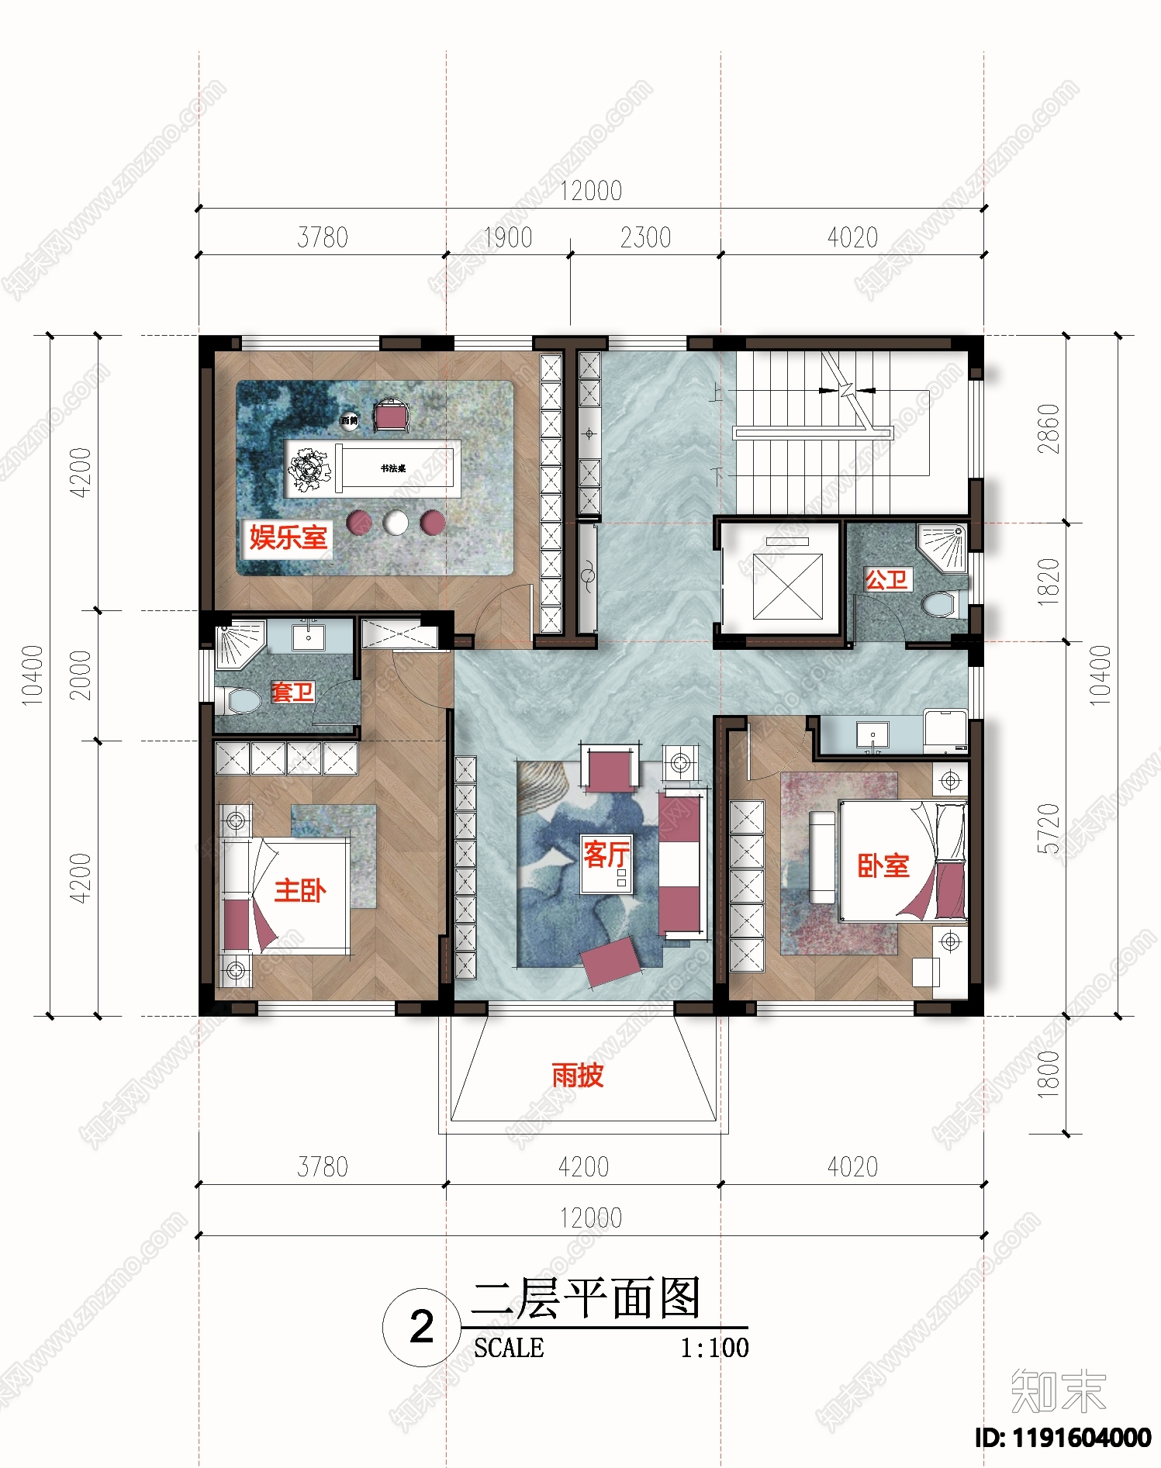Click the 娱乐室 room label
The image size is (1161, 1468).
coord(288,537)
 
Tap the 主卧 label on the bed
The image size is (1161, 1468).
coord(299,890)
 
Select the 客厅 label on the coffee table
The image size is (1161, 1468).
coord(606,855)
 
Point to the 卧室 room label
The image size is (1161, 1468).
coord(883,865)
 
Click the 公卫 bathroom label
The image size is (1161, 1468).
coord(886,579)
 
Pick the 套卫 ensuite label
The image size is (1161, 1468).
coord(292,691)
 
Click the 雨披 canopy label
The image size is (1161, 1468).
coord(577,1075)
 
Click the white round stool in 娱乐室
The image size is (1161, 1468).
coord(396,523)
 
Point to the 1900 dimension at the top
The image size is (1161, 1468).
coord(508,237)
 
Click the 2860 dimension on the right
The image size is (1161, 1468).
coord(1048,429)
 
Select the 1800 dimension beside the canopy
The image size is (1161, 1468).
coord(1048,1073)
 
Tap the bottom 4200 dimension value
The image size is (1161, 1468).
coord(583,1166)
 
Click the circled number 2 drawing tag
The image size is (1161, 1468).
coord(421,1327)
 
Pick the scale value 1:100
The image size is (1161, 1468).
coord(714,1348)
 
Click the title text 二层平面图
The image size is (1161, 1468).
coord(586,1298)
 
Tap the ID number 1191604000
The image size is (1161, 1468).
coord(1063,1438)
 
